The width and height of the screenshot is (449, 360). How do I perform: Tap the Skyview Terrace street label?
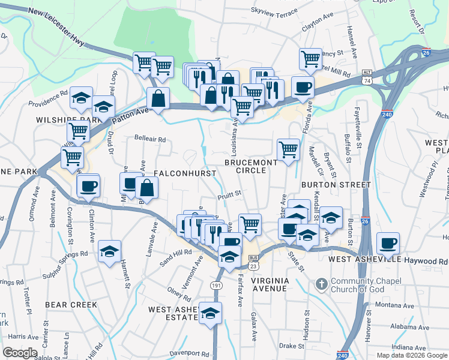[x=274, y=11]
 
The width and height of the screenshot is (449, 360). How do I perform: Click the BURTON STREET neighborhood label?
[x=336, y=185]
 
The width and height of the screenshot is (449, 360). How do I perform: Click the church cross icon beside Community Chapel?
[x=322, y=283]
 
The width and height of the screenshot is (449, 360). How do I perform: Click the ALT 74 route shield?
[x=366, y=76]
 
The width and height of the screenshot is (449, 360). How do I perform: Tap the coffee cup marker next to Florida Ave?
[x=303, y=87]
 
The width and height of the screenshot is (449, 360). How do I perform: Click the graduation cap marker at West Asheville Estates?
[x=210, y=313]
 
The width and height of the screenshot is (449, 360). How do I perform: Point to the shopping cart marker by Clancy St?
[x=310, y=59]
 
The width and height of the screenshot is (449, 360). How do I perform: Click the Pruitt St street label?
[x=229, y=194]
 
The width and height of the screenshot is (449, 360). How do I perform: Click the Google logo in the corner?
[x=20, y=353]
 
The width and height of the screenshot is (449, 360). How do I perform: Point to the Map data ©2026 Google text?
[x=411, y=355]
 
